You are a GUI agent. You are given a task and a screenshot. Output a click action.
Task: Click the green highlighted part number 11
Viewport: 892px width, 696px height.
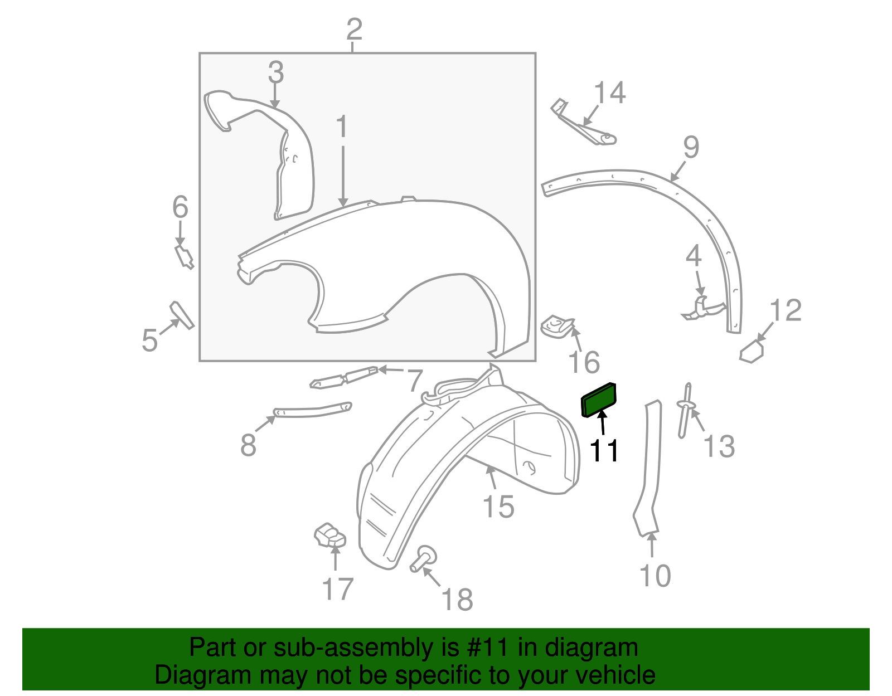pyautogui.click(x=599, y=400)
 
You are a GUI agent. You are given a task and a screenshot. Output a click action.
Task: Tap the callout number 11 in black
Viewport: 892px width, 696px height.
pyautogui.click(x=604, y=451)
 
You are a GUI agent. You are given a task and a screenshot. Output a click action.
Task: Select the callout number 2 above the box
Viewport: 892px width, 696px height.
pyautogui.click(x=354, y=29)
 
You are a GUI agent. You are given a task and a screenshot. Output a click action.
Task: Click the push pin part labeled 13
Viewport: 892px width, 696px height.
pyautogui.click(x=685, y=410)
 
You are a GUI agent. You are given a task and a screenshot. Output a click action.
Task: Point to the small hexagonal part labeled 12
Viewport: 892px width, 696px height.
pyautogui.click(x=752, y=352)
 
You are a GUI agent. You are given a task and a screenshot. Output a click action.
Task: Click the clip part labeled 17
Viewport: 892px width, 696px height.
pyautogui.click(x=329, y=535)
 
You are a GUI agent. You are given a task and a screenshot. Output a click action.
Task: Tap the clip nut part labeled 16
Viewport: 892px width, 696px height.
pyautogui.click(x=557, y=327)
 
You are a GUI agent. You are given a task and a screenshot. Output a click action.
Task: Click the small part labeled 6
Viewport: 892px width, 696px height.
pyautogui.click(x=184, y=257)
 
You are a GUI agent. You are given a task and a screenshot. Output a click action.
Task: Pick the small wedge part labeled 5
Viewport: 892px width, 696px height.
pyautogui.click(x=182, y=315)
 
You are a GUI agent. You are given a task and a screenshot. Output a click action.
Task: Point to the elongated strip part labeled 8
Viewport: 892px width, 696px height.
pyautogui.click(x=312, y=410)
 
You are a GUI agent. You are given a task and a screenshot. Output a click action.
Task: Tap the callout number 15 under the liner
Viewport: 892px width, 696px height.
pyautogui.click(x=498, y=507)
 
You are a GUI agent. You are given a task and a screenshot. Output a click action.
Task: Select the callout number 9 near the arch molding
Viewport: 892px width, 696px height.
pyautogui.click(x=691, y=147)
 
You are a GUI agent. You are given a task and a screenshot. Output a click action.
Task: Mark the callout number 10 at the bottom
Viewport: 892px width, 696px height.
pyautogui.click(x=655, y=576)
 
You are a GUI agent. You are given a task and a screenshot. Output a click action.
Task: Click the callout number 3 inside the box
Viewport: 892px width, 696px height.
pyautogui.click(x=276, y=72)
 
